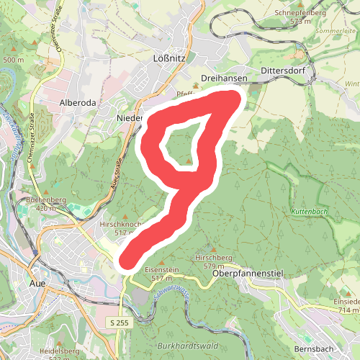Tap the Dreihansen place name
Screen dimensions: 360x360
[x=225, y=78]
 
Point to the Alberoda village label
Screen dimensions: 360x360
[x=78, y=102]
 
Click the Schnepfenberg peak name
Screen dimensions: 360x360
[x=295, y=13]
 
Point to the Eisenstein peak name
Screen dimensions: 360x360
[x=163, y=269]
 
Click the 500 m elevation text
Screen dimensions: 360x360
[x=13, y=60]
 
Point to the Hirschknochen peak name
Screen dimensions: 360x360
[x=122, y=224]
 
